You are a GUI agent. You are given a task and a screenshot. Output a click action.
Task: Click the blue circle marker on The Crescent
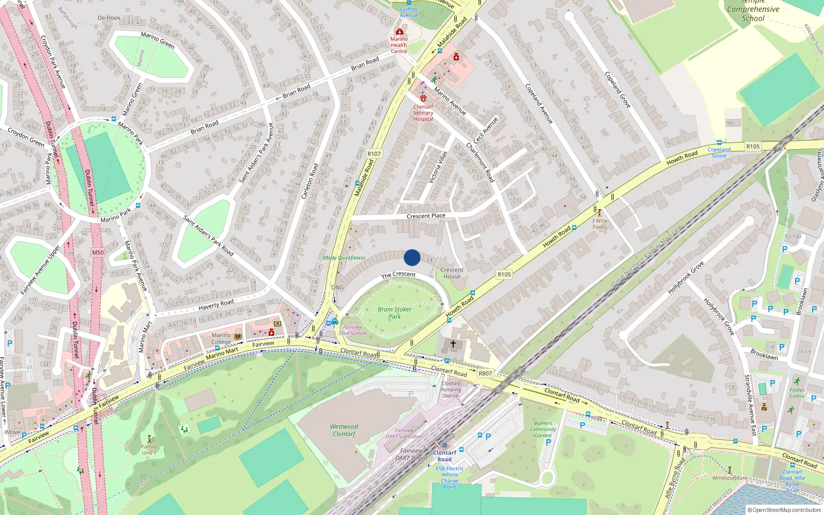tap(412, 257)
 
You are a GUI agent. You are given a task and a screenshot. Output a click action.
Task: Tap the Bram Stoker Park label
tap(394, 313)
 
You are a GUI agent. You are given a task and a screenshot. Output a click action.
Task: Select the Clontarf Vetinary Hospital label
tap(423, 113)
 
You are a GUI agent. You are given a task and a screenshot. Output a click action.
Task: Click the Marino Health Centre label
tap(399, 45)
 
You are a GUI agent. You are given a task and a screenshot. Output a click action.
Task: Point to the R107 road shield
tap(374, 154)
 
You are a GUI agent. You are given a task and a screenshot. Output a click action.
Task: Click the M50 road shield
tap(98, 252)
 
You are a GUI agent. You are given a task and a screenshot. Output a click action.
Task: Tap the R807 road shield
tap(485, 373)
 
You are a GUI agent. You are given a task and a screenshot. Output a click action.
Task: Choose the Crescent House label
tap(452, 273)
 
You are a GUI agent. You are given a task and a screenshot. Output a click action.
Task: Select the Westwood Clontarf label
tap(344, 430)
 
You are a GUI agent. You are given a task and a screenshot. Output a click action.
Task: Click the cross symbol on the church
tap(453, 344)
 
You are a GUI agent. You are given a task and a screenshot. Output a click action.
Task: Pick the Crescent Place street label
tap(426, 216)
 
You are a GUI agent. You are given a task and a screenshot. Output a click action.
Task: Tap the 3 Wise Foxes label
tap(599, 224)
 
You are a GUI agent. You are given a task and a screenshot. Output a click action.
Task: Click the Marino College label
tap(221, 338)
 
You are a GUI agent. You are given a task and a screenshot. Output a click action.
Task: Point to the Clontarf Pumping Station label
tap(451, 389)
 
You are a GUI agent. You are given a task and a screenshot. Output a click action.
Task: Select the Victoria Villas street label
tap(438, 167)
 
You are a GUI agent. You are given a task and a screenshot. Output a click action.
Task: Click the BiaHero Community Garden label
tap(543, 429)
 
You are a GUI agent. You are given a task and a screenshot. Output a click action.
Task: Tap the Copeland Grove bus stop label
tap(719, 152)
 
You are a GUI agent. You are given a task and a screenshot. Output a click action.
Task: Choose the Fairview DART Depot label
tap(411, 454)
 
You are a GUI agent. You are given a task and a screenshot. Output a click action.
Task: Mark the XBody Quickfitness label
tap(344, 257)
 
